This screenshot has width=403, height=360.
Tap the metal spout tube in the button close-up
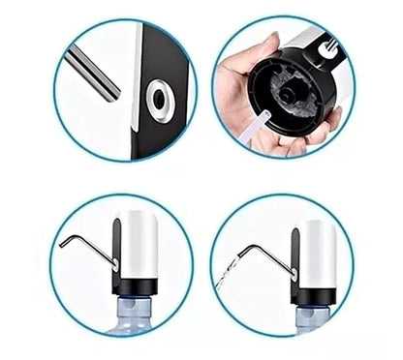[x=93, y=76]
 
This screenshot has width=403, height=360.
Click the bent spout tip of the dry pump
[x=63, y=242]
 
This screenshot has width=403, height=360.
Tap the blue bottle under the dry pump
[x=136, y=315]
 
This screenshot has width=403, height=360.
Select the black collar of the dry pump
[x=136, y=285]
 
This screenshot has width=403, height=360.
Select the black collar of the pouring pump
[x=314, y=293]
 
